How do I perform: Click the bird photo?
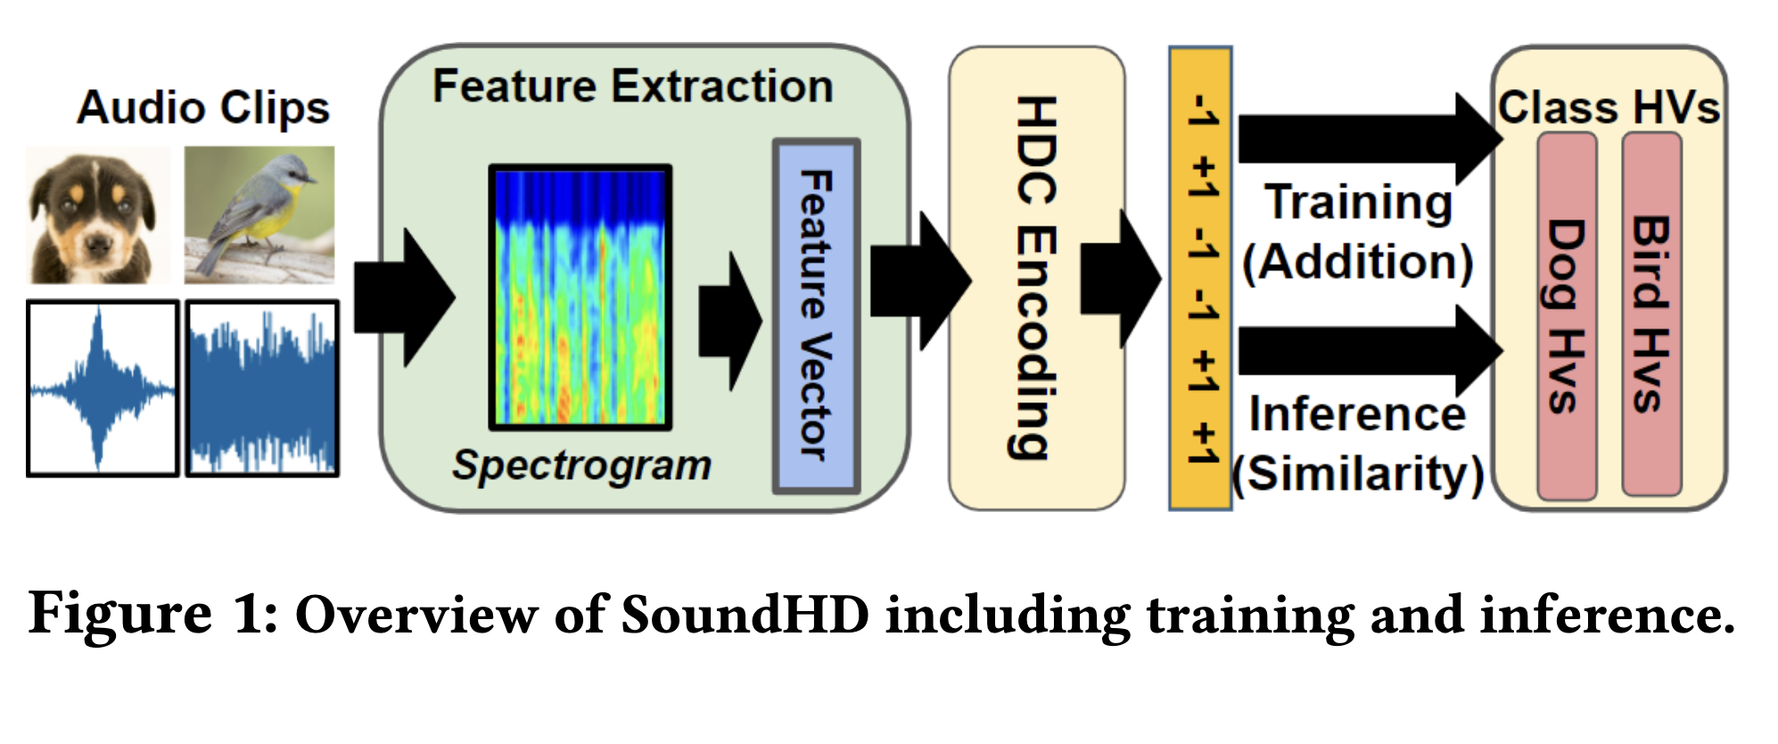pos(259,215)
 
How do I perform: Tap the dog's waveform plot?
pos(103,388)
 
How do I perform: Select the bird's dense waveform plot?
pos(262,388)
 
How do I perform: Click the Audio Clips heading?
pos(203,108)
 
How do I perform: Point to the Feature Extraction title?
pos(632,87)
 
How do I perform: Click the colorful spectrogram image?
pos(580,296)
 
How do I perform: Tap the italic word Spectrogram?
pos(581,465)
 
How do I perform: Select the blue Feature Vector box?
pos(815,316)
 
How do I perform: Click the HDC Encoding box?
pos(1036,278)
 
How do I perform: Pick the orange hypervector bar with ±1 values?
pos(1200,278)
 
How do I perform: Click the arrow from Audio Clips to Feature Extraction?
pos(403,298)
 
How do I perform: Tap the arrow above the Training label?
pos(1364,139)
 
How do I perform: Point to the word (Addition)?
pos(1357,262)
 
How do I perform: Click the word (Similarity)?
pos(1357,473)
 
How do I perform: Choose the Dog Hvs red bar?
pos(1566,316)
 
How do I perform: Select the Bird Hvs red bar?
pos(1650,314)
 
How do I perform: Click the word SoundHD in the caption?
pos(745,615)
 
